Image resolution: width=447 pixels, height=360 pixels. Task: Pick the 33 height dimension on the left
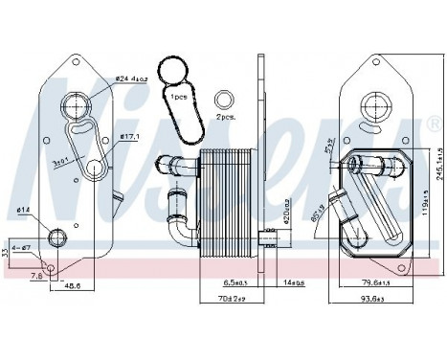pos(5,253)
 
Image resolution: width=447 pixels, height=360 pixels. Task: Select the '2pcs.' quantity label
pos(225,114)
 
